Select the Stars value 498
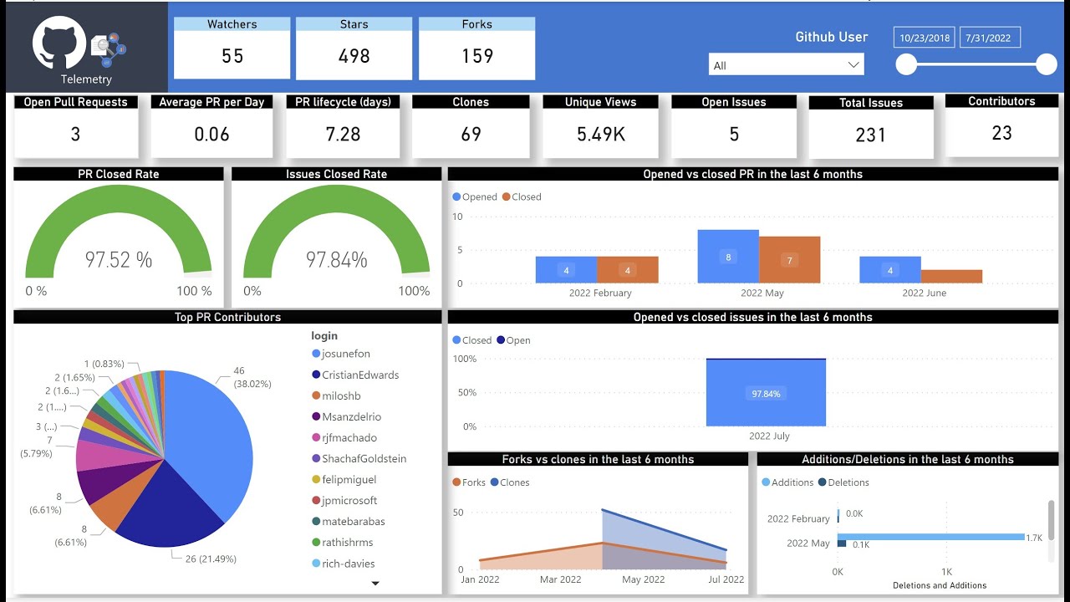[x=354, y=56]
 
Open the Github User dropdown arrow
[x=853, y=65]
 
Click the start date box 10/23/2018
[x=924, y=38]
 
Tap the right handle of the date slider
[x=1046, y=64]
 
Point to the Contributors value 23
[x=1001, y=133]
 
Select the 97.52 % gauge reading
[x=119, y=260]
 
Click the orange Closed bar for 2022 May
[x=789, y=260]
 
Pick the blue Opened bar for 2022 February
[x=566, y=270]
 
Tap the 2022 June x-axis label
[x=924, y=293]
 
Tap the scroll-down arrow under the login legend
[x=375, y=584]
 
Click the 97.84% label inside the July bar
[x=766, y=394]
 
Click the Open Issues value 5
[x=733, y=134]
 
